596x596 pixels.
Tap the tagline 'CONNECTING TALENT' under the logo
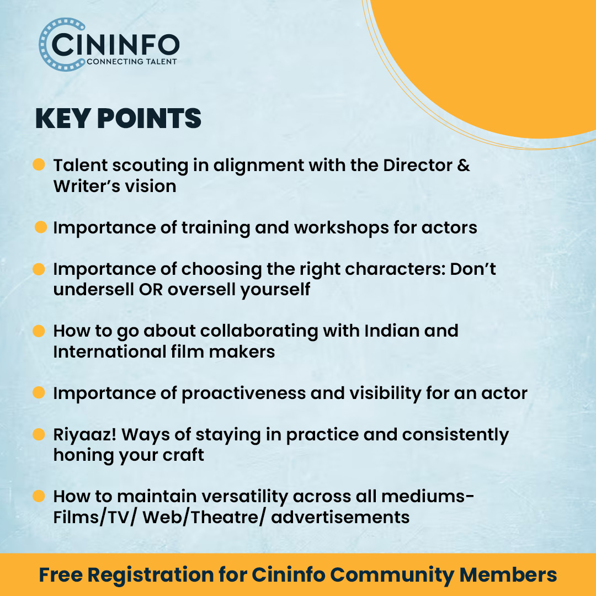(132, 62)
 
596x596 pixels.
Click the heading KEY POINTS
(118, 119)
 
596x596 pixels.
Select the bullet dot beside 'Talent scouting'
(39, 164)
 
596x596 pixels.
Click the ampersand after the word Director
(464, 165)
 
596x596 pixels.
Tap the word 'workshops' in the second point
(342, 228)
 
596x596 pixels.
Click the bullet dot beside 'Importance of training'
(41, 227)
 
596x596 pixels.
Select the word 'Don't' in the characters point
(473, 269)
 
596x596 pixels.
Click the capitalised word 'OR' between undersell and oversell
(151, 290)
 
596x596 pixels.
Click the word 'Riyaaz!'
(85, 434)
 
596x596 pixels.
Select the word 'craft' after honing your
(183, 455)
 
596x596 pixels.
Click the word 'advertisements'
(340, 517)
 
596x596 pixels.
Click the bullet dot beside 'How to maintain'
(39, 496)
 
